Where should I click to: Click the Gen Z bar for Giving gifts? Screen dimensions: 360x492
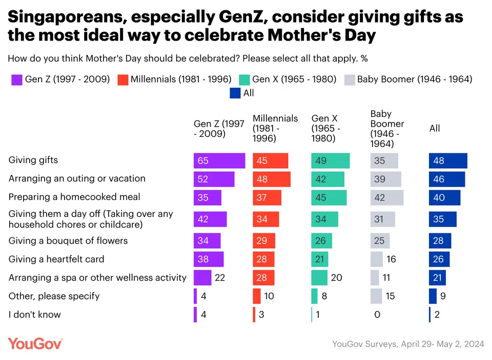pos(219,161)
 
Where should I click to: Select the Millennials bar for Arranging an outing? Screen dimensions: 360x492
pos(272,179)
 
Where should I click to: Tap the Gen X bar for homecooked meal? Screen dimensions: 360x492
pos(329,197)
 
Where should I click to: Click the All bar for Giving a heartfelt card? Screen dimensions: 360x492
pos(439,259)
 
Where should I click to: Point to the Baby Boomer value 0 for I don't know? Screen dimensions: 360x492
pos(377,314)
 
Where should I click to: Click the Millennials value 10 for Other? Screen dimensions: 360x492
pos(269,296)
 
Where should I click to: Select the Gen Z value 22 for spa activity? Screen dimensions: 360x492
pos(220,277)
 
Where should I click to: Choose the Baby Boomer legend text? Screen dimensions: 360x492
pos(415,79)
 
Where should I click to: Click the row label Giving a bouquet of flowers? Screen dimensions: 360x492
pos(68,241)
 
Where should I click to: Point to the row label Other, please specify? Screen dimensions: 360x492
pos(54,296)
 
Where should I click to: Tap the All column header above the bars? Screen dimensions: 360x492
pos(435,128)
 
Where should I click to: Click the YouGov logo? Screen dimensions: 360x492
pos(35,344)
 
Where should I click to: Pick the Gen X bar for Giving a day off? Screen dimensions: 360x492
pos(325,219)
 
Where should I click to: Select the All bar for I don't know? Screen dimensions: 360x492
pos(430,314)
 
